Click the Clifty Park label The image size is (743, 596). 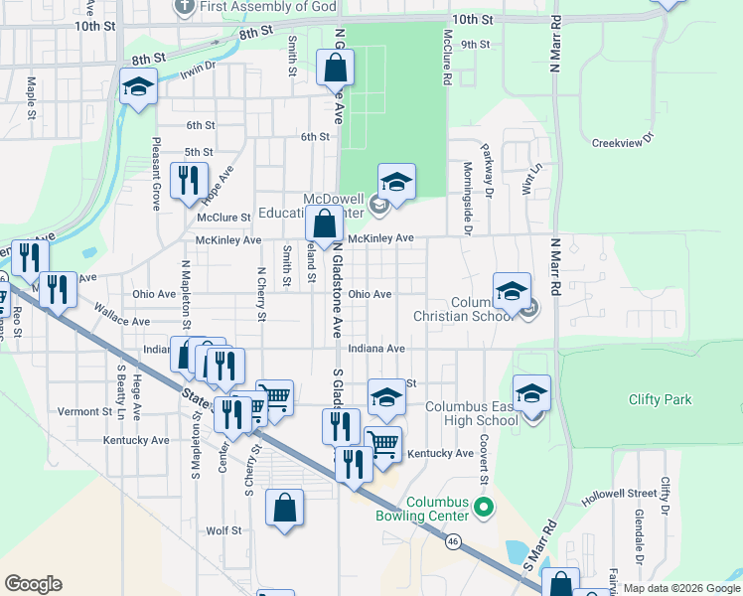point(660,400)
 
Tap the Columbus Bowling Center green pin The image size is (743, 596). point(485,509)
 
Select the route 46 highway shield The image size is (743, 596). point(453,541)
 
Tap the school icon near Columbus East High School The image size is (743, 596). point(531,394)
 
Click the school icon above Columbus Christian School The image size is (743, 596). point(512,291)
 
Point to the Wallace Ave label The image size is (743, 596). point(122,322)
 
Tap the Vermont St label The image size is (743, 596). point(85,412)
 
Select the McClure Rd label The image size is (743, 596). point(448,61)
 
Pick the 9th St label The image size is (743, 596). point(476,45)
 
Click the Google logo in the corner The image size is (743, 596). point(33,584)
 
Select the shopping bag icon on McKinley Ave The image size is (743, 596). point(324,225)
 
